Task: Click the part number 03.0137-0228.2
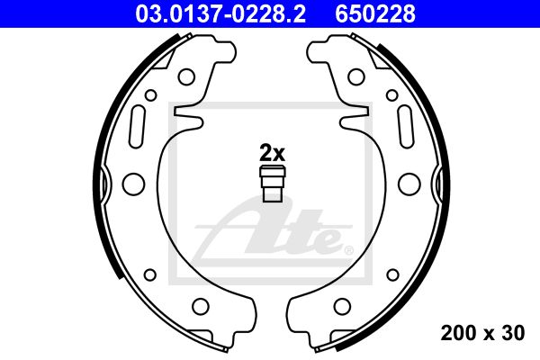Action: pos(220,13)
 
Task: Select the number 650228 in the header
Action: pos(375,13)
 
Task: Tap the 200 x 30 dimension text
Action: pos(482,333)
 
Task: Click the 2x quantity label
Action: pos(272,153)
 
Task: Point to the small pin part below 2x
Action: pos(273,184)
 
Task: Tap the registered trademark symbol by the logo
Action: pos(348,250)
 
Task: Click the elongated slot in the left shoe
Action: pos(137,126)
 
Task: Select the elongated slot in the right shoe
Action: pos(405,126)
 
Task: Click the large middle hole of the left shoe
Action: pos(133,184)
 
